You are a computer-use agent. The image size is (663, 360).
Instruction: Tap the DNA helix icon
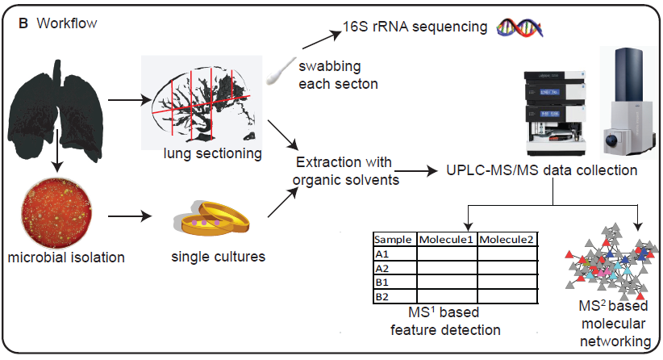pyautogui.click(x=519, y=28)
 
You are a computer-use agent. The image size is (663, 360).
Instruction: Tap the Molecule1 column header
pyautogui.click(x=446, y=240)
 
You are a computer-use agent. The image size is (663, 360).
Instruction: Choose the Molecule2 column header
pyautogui.click(x=507, y=240)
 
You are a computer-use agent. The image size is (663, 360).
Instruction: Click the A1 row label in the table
pyautogui.click(x=382, y=253)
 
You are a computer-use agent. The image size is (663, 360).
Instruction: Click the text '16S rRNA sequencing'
pyautogui.click(x=411, y=27)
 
